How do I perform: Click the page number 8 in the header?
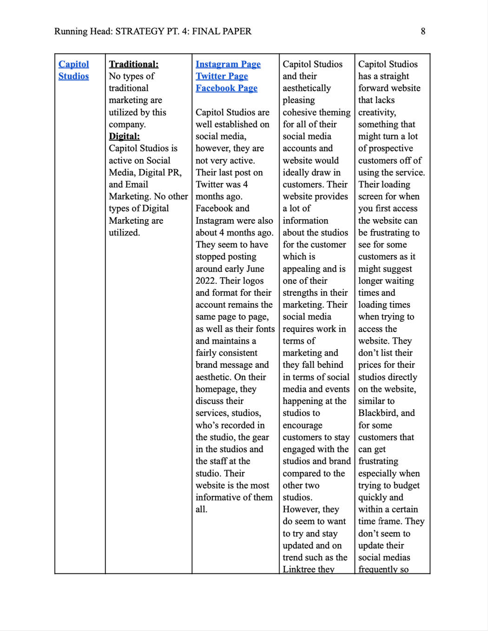click(423, 32)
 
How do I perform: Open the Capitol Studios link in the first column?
click(73, 70)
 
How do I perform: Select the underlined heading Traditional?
click(133, 64)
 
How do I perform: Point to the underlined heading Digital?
click(124, 137)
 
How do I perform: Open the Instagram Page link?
click(228, 64)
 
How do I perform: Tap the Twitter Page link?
click(222, 76)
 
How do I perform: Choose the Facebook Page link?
click(226, 88)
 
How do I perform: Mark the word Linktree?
click(299, 569)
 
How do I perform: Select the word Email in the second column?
click(136, 184)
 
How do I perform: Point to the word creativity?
click(377, 112)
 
